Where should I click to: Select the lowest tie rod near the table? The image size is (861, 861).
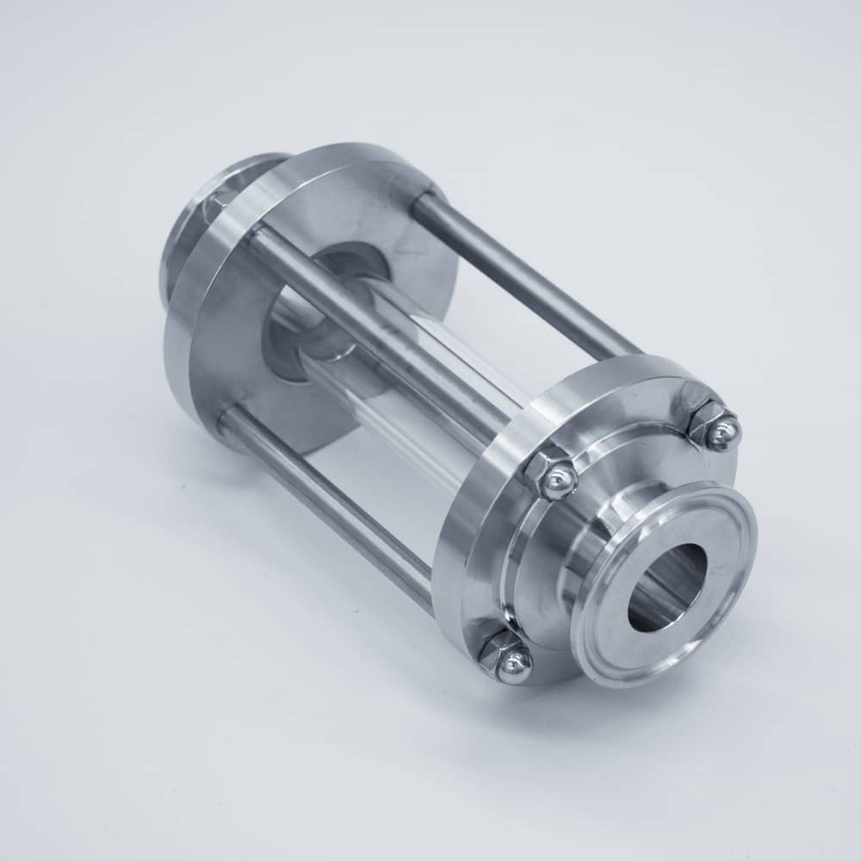327,508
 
